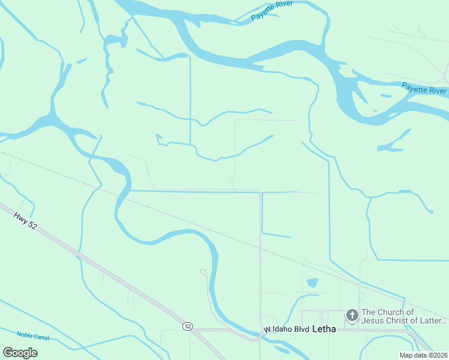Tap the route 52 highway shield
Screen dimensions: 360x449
(x=188, y=326)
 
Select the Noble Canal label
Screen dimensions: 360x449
(x=32, y=336)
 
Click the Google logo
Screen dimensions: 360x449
(x=20, y=353)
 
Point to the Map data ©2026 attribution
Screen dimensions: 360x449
(x=423, y=355)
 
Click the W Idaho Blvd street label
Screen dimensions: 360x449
(x=287, y=330)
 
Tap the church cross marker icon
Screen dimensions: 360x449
(x=352, y=314)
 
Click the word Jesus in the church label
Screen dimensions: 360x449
(x=376, y=321)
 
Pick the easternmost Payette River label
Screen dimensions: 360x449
(x=424, y=89)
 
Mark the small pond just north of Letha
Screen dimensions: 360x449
(x=312, y=283)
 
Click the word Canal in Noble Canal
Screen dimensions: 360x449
(x=41, y=337)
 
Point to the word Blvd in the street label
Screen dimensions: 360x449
(x=301, y=330)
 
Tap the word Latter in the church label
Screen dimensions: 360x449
(x=430, y=321)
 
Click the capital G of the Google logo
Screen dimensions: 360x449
(x=8, y=353)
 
